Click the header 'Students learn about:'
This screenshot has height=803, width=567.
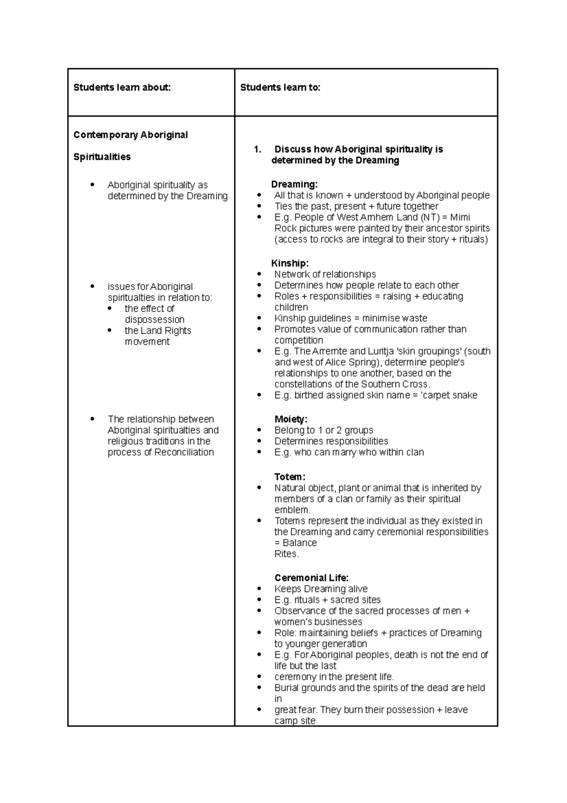(122, 87)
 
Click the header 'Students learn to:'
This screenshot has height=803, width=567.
(280, 87)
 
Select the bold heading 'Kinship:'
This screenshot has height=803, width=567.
(290, 263)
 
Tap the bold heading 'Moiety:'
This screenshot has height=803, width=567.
(291, 419)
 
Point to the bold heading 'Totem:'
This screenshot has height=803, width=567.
(290, 477)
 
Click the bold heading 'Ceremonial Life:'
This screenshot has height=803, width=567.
(311, 578)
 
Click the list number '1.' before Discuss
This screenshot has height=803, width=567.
(258, 149)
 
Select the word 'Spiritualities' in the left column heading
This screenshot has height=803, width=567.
(102, 157)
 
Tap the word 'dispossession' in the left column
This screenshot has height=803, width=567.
(155, 320)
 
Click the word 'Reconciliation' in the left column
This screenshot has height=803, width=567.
(184, 452)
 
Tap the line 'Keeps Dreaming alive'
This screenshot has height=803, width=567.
(321, 589)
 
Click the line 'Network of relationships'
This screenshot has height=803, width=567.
(325, 274)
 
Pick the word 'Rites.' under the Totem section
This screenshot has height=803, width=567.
(287, 554)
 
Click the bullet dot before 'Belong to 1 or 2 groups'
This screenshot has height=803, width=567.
(259, 430)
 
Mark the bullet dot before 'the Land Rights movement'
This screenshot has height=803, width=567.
(110, 330)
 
